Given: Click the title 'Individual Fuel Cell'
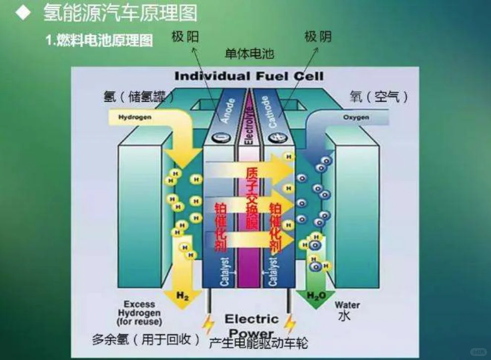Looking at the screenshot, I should pyautogui.click(x=249, y=76).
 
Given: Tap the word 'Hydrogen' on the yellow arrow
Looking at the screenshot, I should pyautogui.click(x=134, y=118).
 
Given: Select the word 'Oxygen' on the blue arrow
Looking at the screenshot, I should pyautogui.click(x=356, y=118).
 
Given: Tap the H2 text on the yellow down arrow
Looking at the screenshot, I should pyautogui.click(x=183, y=296).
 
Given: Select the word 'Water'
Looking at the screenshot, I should pyautogui.click(x=347, y=304).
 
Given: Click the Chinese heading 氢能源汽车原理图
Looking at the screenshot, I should pyautogui.click(x=120, y=13).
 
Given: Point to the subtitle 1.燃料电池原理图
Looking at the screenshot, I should pyautogui.click(x=99, y=40).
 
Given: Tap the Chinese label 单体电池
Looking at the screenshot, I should pyautogui.click(x=249, y=54).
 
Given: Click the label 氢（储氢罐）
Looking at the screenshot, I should pyautogui.click(x=140, y=97).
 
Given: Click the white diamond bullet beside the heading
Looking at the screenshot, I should pyautogui.click(x=23, y=13).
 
